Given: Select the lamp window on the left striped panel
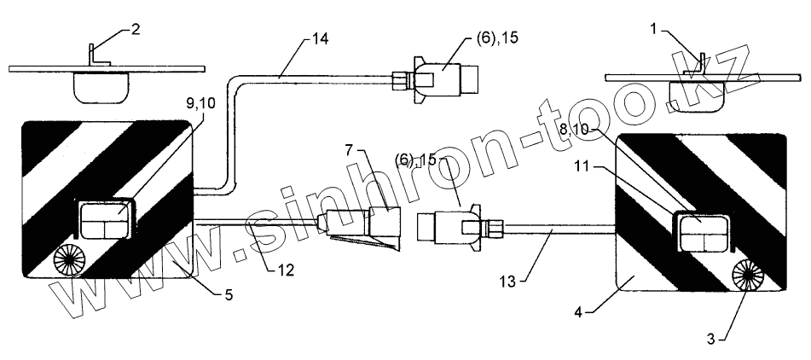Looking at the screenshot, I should coord(103,218).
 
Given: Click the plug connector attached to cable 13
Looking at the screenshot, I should coord(450,226).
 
